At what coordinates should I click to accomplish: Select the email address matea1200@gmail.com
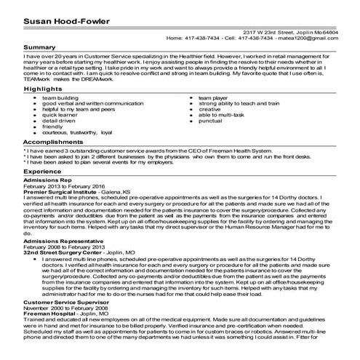(x=327, y=36)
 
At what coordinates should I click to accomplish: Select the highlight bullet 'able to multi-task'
(x=223, y=114)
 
